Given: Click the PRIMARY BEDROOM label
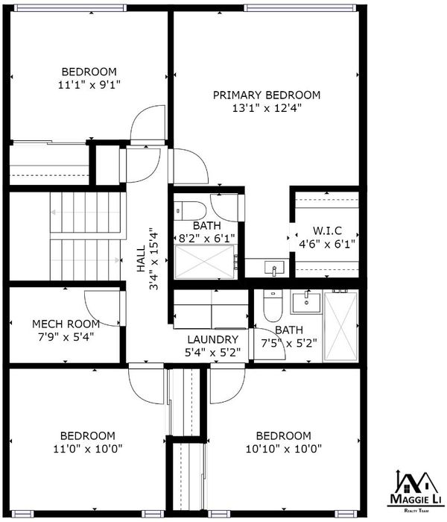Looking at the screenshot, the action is pos(267,95).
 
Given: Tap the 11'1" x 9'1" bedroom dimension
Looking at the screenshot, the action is pos(89,85).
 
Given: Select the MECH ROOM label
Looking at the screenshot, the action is pos(66,324).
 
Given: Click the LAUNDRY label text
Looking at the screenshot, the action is pos(213,339).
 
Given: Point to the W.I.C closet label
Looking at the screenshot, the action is pos(327,230).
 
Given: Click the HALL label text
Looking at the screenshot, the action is pos(141,259).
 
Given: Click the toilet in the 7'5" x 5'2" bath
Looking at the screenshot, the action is pos(273,306).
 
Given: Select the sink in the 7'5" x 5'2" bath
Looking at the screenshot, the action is pos(306,302).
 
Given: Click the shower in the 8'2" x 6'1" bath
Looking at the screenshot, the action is pos(205,262).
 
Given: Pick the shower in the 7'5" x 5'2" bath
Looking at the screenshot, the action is pos(340,326).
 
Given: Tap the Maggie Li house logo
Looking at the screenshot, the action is pos(416,490).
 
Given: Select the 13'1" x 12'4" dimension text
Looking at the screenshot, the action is pos(267,108).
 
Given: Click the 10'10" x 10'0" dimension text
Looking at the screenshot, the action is pos(284,449).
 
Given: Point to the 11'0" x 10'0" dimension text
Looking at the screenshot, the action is pos(88,449).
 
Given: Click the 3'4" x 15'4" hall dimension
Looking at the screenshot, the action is pos(154,259).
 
